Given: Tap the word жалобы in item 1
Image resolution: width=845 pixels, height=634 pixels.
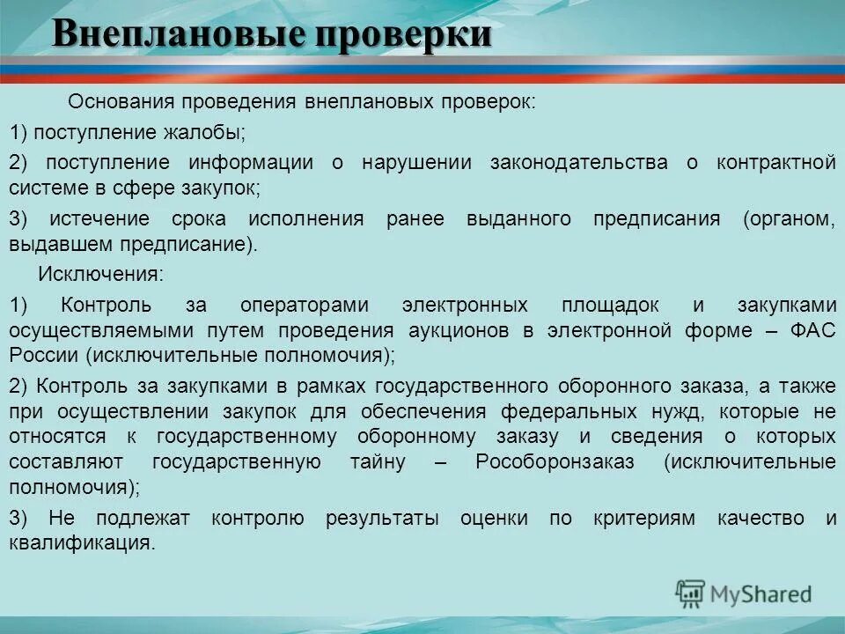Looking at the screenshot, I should click(x=209, y=132).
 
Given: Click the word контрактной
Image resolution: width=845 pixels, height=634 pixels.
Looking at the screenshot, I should click(x=775, y=163).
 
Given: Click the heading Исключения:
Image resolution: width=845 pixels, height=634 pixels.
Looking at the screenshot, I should click(x=100, y=274).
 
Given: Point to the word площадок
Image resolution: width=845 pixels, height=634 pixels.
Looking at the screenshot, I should click(x=610, y=305).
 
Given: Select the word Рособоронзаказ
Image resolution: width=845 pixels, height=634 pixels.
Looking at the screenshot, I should click(x=554, y=462).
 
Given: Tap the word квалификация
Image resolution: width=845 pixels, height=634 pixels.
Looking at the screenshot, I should click(x=79, y=543).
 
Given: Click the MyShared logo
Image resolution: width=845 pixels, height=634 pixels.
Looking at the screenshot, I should click(x=744, y=594).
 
